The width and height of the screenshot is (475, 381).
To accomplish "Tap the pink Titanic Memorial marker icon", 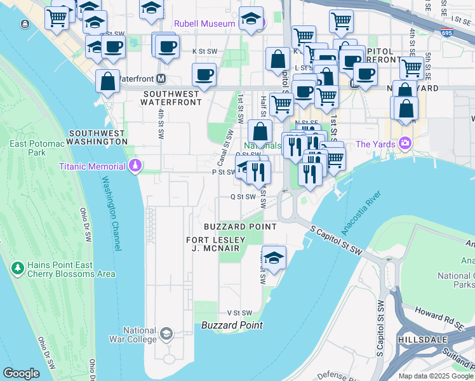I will pos(135,166).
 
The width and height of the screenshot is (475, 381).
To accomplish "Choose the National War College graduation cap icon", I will pos(166,334).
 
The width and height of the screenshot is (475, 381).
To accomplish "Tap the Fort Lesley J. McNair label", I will pos(213,244).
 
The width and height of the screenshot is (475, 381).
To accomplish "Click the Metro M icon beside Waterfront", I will pos(161,79).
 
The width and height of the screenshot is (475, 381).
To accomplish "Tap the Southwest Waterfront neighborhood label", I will pos(171,97).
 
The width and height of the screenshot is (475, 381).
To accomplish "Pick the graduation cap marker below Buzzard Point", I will pos(274,258).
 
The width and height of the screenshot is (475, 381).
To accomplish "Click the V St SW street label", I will pos(240,313).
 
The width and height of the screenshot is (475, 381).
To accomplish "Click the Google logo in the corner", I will pos(22,373).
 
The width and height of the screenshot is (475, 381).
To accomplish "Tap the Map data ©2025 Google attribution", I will pos(436,376).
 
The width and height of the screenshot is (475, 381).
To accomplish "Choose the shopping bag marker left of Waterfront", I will pos(107,82).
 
